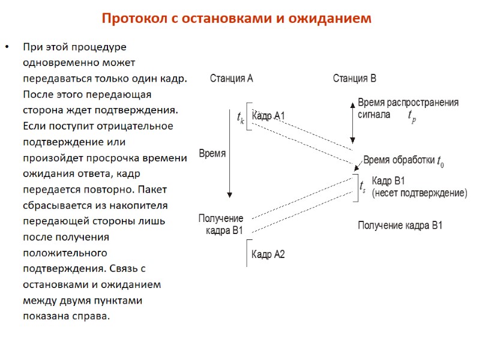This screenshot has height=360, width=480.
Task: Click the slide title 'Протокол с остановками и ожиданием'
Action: tap(236, 19)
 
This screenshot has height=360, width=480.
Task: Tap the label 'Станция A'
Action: tap(231, 79)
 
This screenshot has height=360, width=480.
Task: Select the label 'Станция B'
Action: tap(355, 79)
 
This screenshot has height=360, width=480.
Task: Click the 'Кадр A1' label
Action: tap(268, 116)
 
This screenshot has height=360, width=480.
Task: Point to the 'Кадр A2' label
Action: tap(268, 254)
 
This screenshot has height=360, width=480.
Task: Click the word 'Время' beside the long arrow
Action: tap(212, 153)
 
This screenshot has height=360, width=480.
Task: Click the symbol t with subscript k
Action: tap(241, 118)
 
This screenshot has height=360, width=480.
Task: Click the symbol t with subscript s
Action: tap(362, 187)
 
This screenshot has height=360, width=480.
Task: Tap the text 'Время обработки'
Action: tap(398, 160)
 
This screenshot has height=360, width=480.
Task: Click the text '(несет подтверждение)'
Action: tap(419, 193)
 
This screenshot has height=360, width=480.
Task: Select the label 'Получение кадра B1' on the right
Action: tap(400, 226)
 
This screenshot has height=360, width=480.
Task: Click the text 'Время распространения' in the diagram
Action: tap(408, 103)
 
